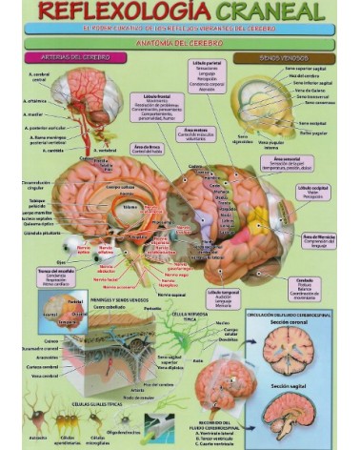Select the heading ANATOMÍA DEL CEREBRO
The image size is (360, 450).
click(180, 42)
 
